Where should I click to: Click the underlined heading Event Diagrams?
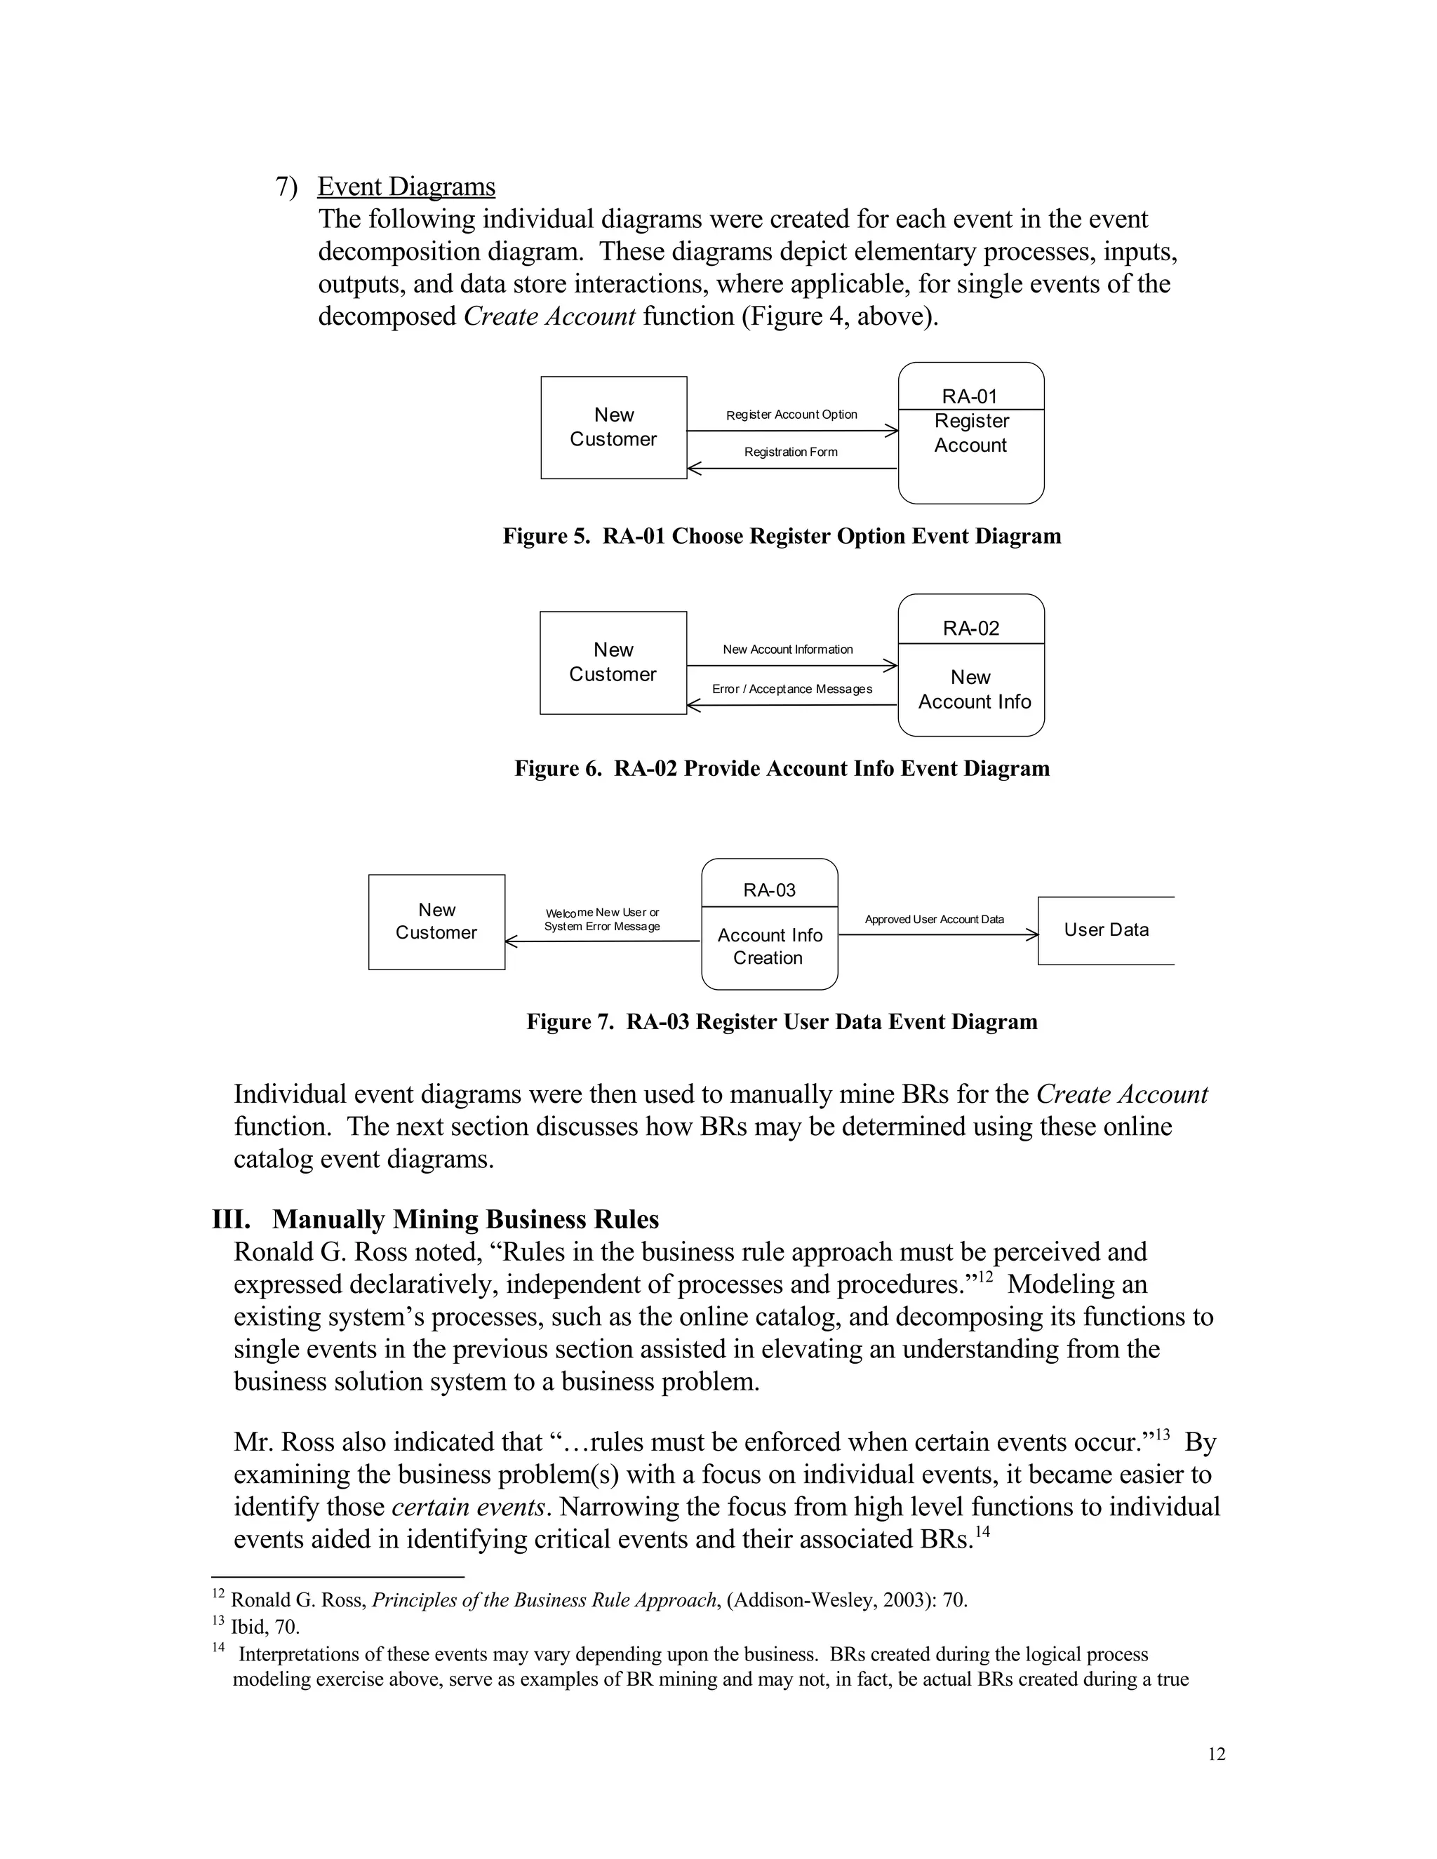click(x=406, y=187)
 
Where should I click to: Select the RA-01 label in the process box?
click(x=970, y=396)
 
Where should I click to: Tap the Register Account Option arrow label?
click(x=791, y=415)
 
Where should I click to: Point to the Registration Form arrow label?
click(x=791, y=452)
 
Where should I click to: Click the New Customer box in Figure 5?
click(x=613, y=427)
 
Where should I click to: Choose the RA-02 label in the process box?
click(x=970, y=628)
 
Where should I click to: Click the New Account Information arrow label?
click(x=787, y=650)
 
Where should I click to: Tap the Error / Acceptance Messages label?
click(x=791, y=689)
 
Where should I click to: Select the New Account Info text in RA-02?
click(x=973, y=690)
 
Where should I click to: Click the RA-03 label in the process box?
click(x=769, y=890)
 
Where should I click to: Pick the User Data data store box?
click(x=1106, y=929)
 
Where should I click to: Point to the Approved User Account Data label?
click(x=934, y=919)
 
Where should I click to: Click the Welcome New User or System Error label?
click(x=602, y=919)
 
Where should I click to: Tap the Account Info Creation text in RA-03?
click(x=769, y=946)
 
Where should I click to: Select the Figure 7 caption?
click(x=782, y=1021)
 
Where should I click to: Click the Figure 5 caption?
click(x=782, y=536)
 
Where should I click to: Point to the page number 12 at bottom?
click(x=1217, y=1754)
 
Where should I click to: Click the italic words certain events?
click(x=467, y=1507)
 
